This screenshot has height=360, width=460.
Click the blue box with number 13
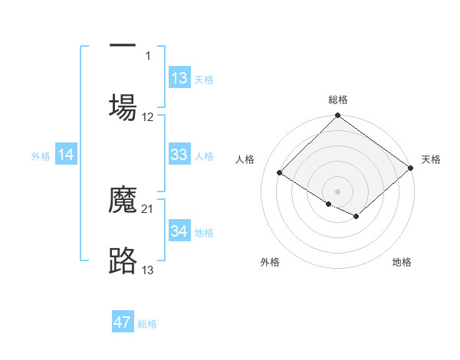179,78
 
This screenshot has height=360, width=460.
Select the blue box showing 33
179,155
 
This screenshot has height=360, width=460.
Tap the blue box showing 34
179,231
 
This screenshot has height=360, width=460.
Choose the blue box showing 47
123,322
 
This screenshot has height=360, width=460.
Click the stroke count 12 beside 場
148,117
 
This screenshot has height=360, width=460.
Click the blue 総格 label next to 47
147,324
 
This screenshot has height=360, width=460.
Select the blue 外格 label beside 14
41,156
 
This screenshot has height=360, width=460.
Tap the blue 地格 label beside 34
204,233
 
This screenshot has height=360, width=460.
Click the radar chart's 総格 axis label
338,100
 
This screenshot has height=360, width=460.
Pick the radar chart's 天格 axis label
431,159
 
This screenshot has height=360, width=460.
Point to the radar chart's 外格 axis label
270,262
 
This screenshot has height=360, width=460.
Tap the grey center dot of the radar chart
338,191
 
